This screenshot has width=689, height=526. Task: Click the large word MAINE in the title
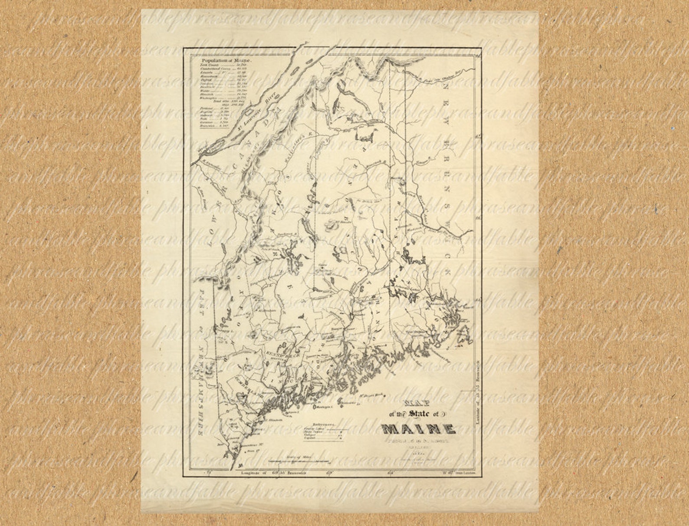coord(419,429)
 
